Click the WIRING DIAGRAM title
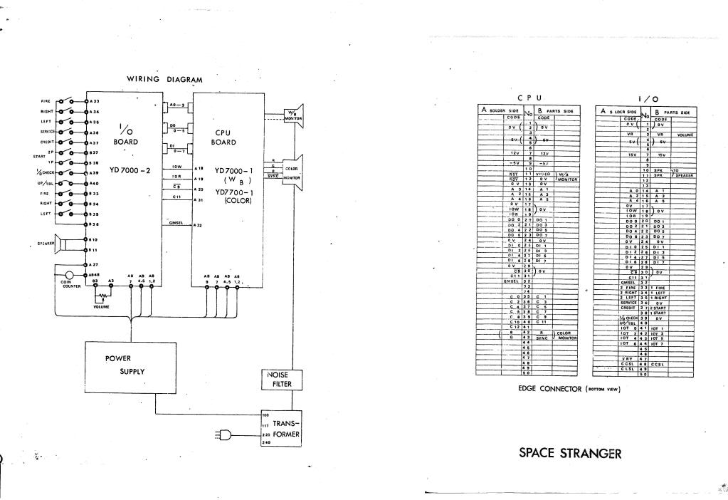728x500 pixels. pyautogui.click(x=164, y=80)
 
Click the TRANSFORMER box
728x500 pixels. pyautogui.click(x=283, y=427)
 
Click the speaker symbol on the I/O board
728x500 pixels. pyautogui.click(x=60, y=244)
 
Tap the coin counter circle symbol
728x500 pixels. pyautogui.click(x=69, y=275)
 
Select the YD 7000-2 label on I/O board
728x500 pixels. pyautogui.click(x=130, y=170)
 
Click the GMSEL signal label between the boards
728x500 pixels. pyautogui.click(x=176, y=223)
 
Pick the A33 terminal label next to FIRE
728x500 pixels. pyautogui.click(x=95, y=101)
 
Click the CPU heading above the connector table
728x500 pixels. pyautogui.click(x=529, y=97)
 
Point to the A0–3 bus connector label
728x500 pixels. pyautogui.click(x=177, y=105)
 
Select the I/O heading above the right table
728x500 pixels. pyautogui.click(x=648, y=98)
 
